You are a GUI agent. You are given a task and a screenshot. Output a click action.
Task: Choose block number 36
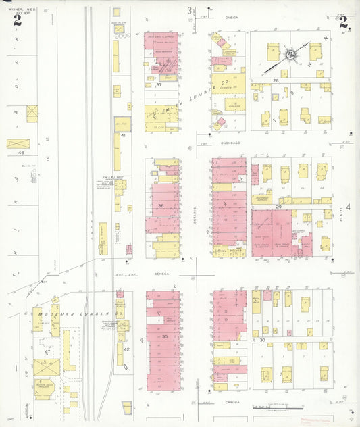tap(161, 205)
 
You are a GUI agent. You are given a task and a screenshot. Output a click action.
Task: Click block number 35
tap(164, 336)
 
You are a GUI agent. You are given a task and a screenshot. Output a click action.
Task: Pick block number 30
tap(261, 341)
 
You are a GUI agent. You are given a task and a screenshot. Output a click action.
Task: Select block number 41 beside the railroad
tap(123, 136)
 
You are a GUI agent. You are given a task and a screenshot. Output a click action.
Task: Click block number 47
tap(47, 352)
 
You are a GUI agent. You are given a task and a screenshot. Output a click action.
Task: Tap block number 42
tap(126, 349)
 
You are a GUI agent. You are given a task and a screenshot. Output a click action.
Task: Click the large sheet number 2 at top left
tap(17, 20)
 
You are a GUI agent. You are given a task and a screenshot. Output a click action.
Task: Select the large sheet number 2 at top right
tap(344, 22)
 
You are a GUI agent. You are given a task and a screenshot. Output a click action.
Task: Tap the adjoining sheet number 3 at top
tap(190, 11)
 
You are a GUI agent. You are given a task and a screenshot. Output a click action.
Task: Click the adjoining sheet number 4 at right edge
tap(349, 206)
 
